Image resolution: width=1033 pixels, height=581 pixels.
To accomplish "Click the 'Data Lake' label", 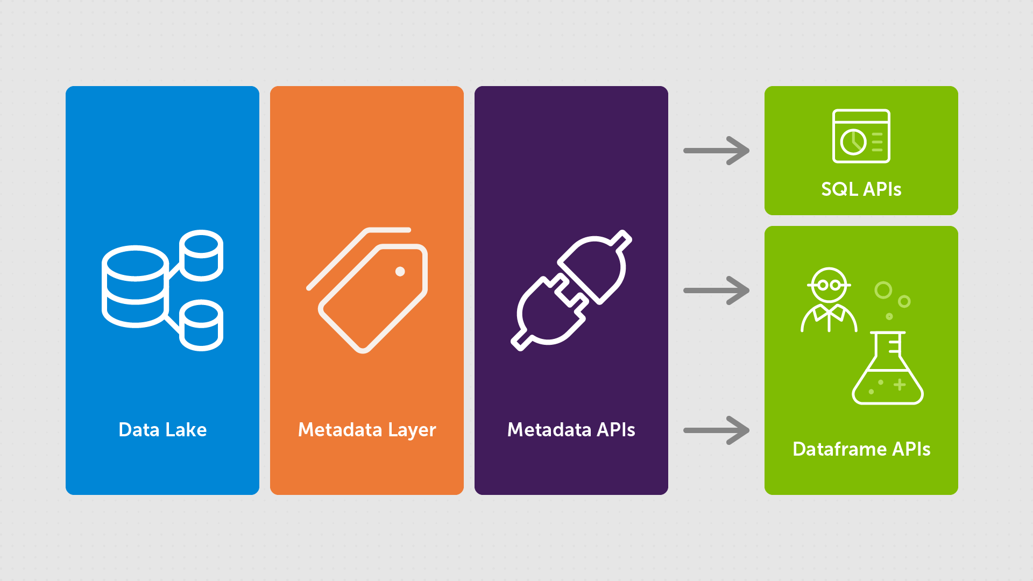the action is point(162,430).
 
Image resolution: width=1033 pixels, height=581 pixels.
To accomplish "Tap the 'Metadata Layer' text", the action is point(367,430).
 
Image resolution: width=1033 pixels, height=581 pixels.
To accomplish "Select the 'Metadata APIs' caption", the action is point(571,430).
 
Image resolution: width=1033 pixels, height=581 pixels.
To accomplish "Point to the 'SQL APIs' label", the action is point(861,189).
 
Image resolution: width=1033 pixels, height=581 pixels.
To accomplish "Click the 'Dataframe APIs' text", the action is point(861,449).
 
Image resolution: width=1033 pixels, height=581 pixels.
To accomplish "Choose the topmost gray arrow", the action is point(716,151).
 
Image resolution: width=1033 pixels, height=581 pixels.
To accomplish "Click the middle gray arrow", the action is point(716,290).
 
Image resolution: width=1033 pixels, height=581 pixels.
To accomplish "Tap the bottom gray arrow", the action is point(716,430).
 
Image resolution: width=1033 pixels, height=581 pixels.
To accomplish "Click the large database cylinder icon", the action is point(135,287).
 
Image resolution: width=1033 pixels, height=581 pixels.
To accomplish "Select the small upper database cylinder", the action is point(201,256).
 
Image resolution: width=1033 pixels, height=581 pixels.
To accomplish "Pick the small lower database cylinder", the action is point(201,325).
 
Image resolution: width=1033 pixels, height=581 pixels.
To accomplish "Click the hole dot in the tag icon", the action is point(400,272).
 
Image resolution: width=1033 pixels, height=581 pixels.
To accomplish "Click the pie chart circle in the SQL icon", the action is point(853,142).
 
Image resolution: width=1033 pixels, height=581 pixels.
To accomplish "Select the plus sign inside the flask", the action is point(900,385).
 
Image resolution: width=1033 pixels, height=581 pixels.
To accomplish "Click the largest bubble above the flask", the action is point(883,290).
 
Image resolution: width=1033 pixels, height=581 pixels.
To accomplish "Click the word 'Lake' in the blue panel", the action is point(186,430).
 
